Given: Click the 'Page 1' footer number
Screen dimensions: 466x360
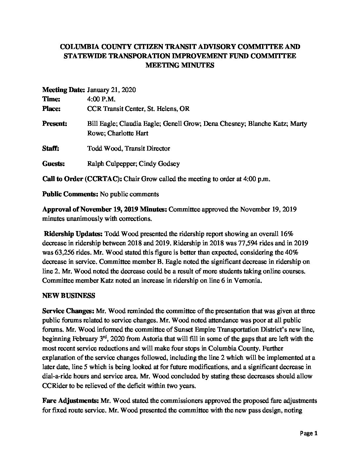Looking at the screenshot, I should point(309,433).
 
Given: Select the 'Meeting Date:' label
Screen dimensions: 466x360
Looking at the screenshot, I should point(64,90).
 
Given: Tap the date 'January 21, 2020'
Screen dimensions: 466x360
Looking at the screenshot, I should point(111,90).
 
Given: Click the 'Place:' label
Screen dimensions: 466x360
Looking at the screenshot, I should point(51,109).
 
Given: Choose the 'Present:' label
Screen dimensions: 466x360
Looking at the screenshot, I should point(55,124).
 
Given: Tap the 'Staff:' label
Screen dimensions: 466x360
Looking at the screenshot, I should point(51,148).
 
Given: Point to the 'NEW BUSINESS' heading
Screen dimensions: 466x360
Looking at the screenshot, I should point(68,296).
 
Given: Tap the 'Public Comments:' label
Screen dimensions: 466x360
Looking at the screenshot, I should point(70,194).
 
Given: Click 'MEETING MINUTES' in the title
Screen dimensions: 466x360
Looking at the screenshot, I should point(180,65).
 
